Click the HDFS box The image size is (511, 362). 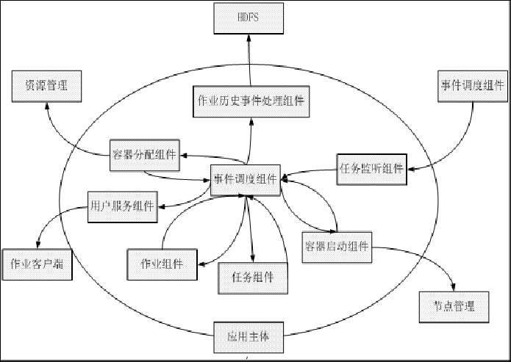[249, 18]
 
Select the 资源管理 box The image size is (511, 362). [46, 85]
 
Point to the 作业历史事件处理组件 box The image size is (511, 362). [251, 101]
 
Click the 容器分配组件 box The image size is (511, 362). [143, 153]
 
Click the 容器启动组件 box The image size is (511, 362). [336, 245]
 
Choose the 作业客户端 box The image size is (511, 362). [36, 262]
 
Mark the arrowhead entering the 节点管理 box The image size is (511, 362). [451, 288]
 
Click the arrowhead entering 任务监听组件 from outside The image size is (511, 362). [410, 170]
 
